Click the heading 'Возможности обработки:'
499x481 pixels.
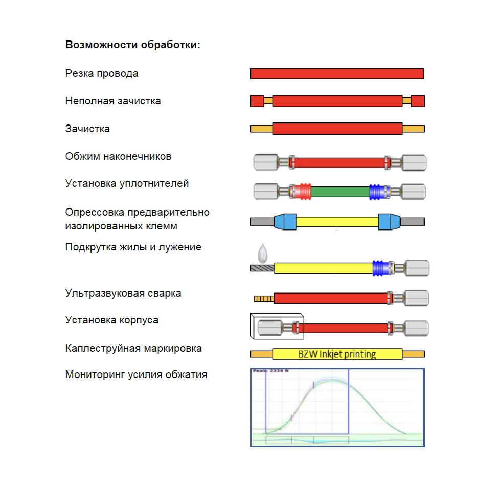pyautogui.click(x=132, y=45)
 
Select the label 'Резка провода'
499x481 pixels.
pyautogui.click(x=102, y=73)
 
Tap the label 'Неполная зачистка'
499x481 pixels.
pyautogui.click(x=113, y=101)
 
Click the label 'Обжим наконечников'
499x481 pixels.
pyautogui.click(x=118, y=156)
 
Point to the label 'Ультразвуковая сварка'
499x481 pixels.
pyautogui.click(x=123, y=293)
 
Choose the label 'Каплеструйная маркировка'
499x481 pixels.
pyautogui.click(x=133, y=348)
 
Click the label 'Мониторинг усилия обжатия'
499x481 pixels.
pyautogui.click(x=136, y=374)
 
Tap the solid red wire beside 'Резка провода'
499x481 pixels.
pyautogui.click(x=337, y=74)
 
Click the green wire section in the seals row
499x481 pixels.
pyautogui.click(x=340, y=192)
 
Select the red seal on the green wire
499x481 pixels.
pyautogui.click(x=303, y=191)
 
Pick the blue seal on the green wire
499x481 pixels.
pyautogui.click(x=377, y=191)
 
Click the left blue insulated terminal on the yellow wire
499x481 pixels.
pyautogui.click(x=285, y=222)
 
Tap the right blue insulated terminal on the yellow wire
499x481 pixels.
pyautogui.click(x=390, y=222)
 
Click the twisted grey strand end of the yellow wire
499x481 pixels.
pyautogui.click(x=262, y=268)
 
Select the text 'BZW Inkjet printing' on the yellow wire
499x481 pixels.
pyautogui.click(x=336, y=354)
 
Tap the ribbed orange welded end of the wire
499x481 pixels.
pyautogui.click(x=264, y=298)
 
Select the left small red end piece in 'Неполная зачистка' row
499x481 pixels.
pyautogui.click(x=257, y=101)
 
